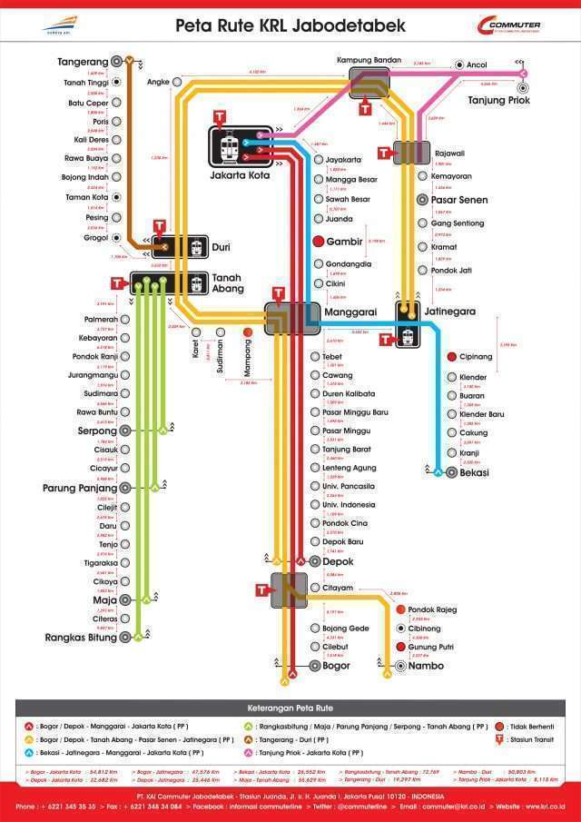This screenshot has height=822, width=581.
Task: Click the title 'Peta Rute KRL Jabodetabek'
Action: click(290, 25)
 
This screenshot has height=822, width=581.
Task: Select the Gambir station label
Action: click(344, 242)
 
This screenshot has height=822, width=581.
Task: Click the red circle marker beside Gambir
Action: click(319, 242)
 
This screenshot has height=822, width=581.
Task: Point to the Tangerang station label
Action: click(83, 62)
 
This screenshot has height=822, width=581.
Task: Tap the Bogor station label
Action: click(336, 666)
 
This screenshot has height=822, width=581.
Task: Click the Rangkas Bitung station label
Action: click(82, 638)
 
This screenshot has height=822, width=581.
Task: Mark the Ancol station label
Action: click(477, 65)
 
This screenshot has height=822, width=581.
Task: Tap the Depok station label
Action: click(338, 562)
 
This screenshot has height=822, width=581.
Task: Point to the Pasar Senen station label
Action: click(458, 200)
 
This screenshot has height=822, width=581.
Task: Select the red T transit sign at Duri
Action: click(160, 226)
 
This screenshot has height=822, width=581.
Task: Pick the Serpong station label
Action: click(97, 431)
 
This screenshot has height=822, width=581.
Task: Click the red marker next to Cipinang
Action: click(450, 357)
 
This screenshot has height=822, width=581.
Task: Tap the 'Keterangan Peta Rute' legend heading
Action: click(290, 707)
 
